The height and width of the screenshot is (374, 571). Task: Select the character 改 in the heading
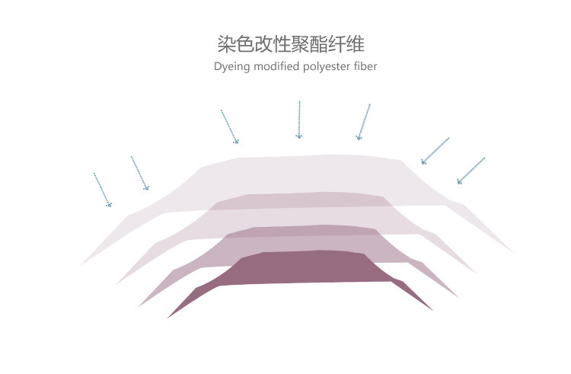(x=266, y=43)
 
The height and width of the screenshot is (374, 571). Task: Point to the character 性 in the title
(x=286, y=43)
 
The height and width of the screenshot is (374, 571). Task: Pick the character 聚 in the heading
(x=306, y=43)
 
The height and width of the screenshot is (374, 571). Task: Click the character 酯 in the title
(x=326, y=43)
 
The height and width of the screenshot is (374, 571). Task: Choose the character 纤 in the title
(x=346, y=43)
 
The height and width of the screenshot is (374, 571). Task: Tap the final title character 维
(x=365, y=43)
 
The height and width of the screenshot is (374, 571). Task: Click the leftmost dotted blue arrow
(x=102, y=189)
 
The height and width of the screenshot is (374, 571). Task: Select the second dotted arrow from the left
(x=139, y=173)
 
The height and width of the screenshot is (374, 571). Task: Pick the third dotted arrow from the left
(x=229, y=126)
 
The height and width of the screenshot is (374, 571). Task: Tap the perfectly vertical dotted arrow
(x=299, y=119)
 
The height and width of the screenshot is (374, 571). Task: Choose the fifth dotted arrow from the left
(x=364, y=122)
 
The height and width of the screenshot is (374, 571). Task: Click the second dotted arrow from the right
(x=435, y=151)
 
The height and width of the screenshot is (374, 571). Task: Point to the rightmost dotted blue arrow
(x=471, y=170)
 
